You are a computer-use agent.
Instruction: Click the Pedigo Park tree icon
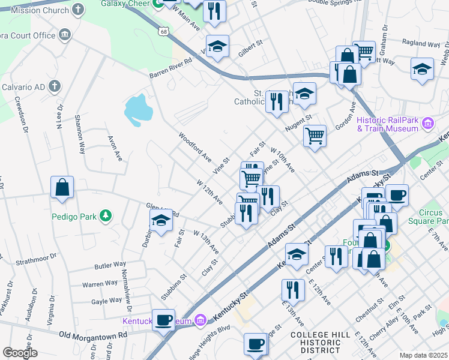(x=106, y=215)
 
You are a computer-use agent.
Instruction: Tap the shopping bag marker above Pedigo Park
(x=62, y=187)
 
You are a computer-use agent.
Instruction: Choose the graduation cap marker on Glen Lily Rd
(x=161, y=221)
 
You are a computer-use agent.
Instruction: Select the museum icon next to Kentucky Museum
(x=202, y=322)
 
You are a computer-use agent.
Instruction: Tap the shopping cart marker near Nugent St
(x=315, y=136)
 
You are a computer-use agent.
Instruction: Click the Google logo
(x=20, y=352)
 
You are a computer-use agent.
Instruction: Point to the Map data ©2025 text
(x=423, y=355)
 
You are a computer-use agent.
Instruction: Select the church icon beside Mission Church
(x=77, y=9)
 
